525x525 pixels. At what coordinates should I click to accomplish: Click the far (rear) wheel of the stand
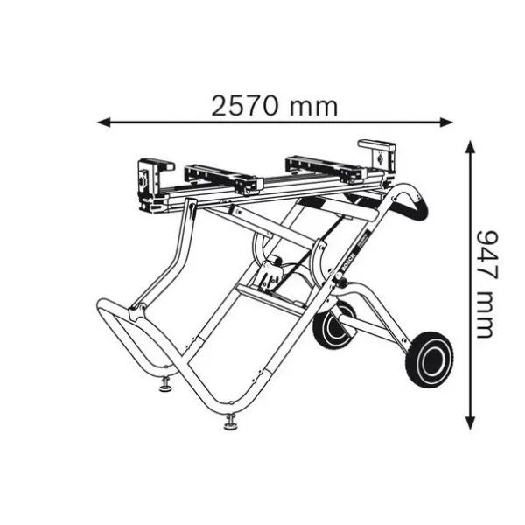pos(335,325)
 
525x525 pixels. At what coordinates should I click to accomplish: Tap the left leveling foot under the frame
pos(164,383)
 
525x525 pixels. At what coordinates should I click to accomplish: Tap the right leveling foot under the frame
pos(231,423)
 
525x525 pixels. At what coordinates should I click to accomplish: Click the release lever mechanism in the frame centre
pos(270,275)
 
